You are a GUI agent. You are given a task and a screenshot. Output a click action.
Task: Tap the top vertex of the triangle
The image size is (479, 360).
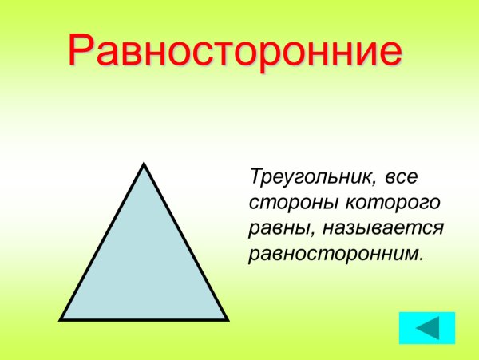pos(144,165)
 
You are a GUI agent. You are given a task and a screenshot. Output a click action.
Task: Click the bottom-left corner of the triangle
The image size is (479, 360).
pos(62,318)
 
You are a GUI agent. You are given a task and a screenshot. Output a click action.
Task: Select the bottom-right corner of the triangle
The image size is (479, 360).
pos(226,318)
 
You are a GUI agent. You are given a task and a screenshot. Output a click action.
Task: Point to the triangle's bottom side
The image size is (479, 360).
pos(144,319)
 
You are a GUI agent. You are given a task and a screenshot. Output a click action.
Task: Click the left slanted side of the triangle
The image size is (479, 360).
pos(103,241)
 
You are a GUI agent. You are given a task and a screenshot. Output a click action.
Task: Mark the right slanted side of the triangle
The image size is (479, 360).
pos(185,241)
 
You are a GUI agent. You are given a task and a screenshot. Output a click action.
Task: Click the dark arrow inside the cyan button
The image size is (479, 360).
pos(427,328)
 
